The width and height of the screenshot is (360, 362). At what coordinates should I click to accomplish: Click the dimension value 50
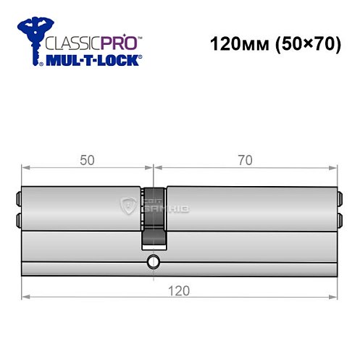(x=88, y=160)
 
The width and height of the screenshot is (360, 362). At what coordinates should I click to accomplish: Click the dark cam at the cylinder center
(x=154, y=217)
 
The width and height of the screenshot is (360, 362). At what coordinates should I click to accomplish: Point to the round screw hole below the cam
(x=153, y=261)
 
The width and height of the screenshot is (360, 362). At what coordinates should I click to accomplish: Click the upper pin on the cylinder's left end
(x=18, y=196)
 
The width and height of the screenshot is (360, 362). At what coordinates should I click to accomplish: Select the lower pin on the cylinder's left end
(x=18, y=217)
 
